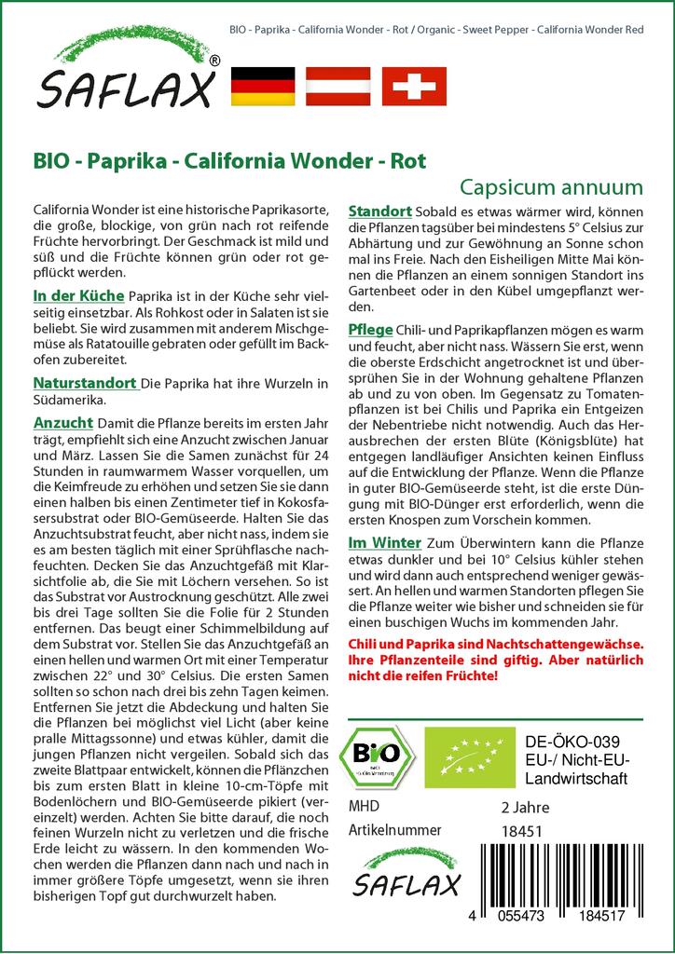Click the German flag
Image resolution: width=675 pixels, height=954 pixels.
click(x=261, y=86)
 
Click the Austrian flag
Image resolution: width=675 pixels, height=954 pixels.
click(x=339, y=86)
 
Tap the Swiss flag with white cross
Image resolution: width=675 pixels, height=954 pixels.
click(x=414, y=86)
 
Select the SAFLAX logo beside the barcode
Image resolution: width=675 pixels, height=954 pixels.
click(x=406, y=870)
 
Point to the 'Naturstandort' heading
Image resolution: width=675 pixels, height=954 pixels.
click(x=85, y=382)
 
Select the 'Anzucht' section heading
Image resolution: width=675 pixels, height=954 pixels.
click(x=62, y=421)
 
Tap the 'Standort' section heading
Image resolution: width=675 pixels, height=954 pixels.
click(x=379, y=211)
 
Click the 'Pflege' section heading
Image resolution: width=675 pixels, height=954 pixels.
click(x=370, y=331)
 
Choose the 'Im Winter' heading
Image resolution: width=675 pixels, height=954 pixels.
click(x=384, y=543)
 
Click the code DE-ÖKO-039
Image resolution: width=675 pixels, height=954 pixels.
click(x=566, y=742)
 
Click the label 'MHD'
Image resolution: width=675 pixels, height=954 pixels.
click(x=364, y=806)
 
